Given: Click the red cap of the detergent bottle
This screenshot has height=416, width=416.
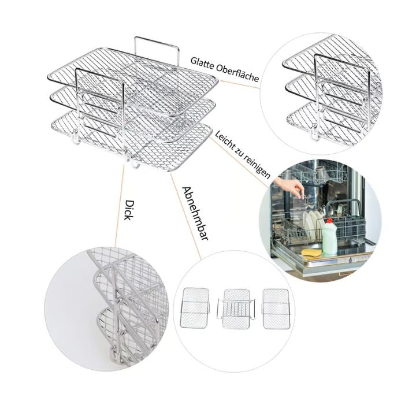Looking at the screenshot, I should [x=329, y=220].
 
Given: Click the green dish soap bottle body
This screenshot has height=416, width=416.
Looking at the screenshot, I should [x=329, y=238].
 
